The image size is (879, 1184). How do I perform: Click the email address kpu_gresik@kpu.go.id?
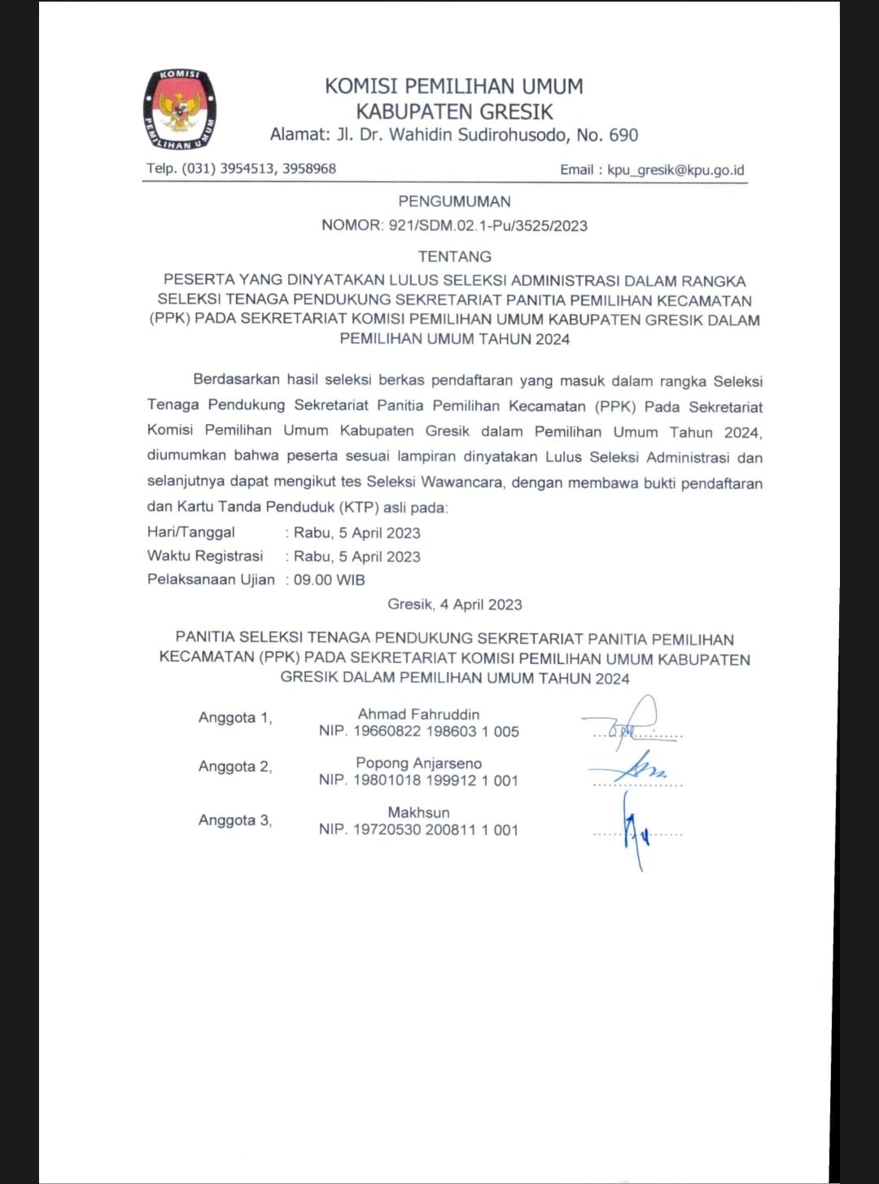(676, 170)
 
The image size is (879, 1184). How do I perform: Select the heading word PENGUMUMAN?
(454, 201)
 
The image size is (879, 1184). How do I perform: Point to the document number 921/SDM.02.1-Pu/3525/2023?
(488, 225)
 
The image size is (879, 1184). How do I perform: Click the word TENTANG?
(454, 256)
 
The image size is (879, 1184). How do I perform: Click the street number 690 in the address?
(623, 135)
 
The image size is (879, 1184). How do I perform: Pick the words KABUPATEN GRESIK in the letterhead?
(454, 111)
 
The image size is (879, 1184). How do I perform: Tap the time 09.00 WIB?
(330, 580)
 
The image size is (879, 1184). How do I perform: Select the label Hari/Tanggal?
(191, 532)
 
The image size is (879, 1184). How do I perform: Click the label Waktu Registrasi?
(205, 556)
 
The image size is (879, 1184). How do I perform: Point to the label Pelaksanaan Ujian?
(211, 579)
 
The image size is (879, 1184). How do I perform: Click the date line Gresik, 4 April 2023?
(454, 605)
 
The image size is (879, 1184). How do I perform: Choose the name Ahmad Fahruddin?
(418, 714)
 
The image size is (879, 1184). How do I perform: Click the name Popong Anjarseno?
(418, 763)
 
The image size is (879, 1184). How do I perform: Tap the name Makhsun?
(418, 812)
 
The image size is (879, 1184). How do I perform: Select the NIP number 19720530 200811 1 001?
(435, 830)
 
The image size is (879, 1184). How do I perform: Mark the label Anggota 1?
(234, 718)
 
